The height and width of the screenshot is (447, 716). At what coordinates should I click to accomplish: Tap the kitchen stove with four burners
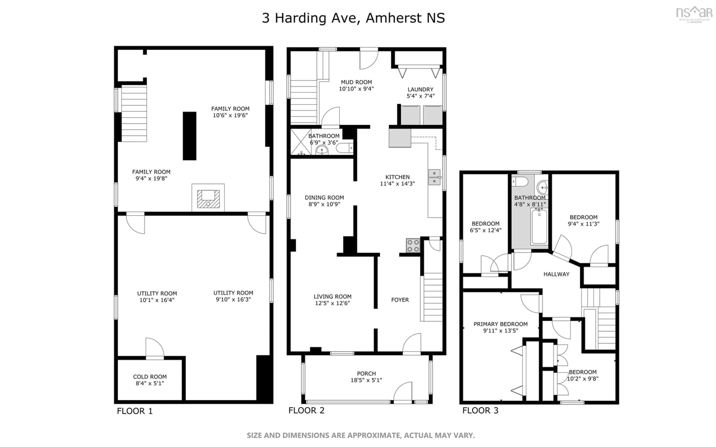coord(413,245)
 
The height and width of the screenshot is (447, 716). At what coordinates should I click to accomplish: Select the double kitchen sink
coord(434,177)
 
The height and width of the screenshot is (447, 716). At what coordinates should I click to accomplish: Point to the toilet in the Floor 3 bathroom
coord(519,182)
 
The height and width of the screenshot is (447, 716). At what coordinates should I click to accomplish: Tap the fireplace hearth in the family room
coord(208,198)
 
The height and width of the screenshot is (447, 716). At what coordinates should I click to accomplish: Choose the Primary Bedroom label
coord(500,324)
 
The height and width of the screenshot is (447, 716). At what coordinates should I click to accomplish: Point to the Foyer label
coord(400,300)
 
